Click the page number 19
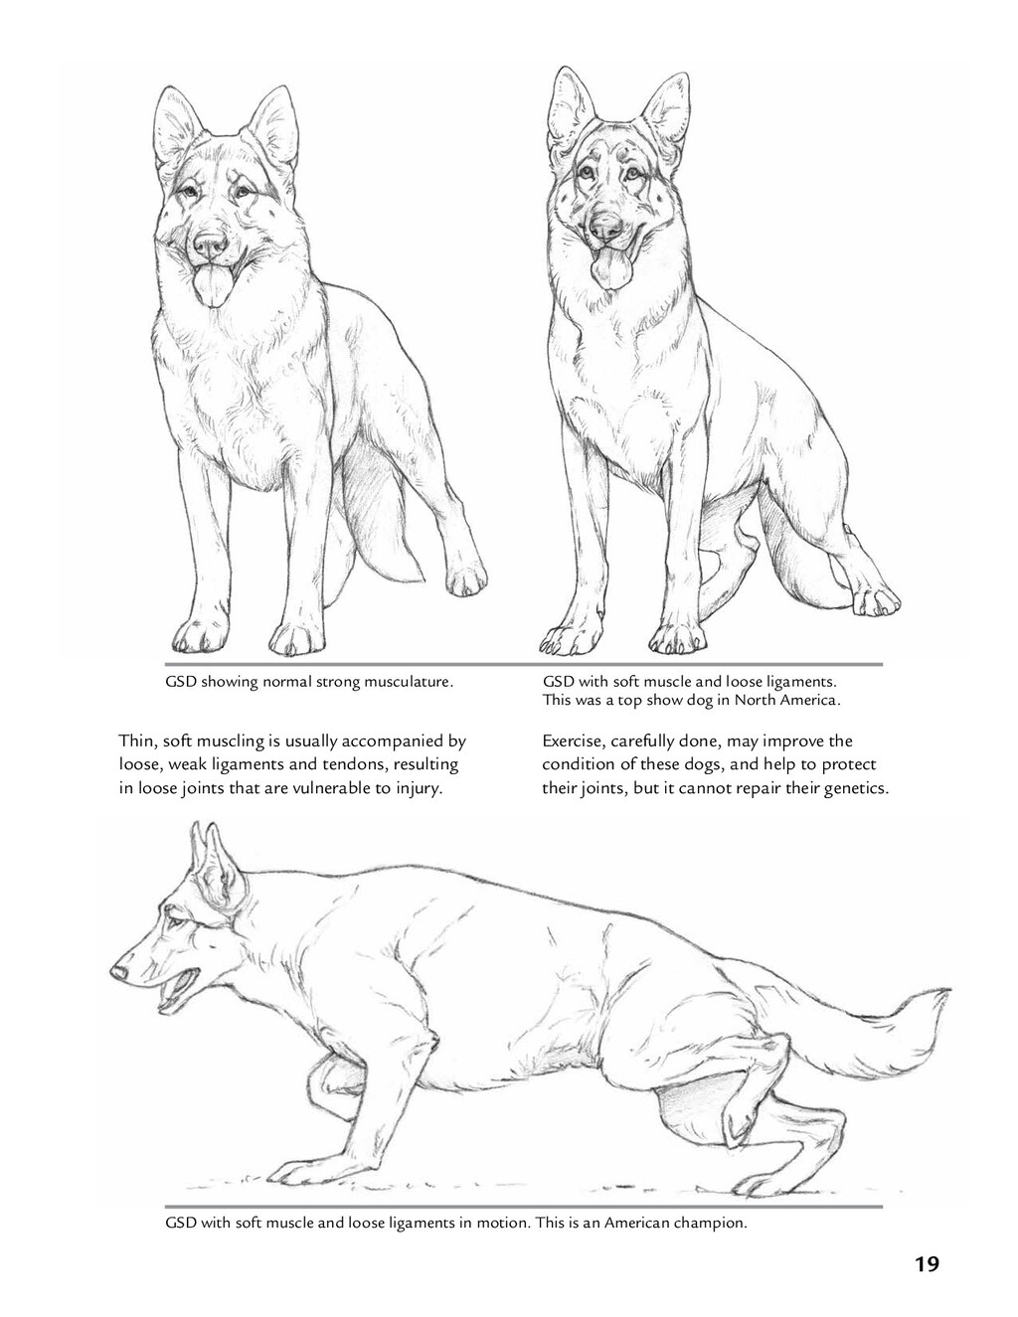928,1247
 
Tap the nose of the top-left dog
211,246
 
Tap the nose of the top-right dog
606,226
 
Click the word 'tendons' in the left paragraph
355,765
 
